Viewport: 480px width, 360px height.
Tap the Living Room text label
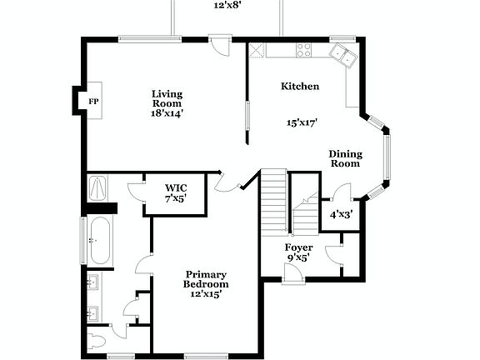167,98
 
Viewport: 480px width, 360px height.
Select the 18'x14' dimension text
167,113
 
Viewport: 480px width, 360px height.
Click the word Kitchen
300,86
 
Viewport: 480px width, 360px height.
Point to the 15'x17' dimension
302,122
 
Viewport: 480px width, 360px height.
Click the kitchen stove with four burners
302,51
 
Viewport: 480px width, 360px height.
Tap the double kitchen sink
342,55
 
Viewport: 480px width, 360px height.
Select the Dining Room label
344,158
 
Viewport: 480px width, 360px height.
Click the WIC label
175,187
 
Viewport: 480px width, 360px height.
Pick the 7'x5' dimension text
175,198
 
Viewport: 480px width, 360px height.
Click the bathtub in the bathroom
101,239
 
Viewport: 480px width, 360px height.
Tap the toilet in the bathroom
98,341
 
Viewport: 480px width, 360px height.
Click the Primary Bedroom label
206,279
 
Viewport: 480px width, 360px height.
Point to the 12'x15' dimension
206,293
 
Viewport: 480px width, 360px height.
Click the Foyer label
299,247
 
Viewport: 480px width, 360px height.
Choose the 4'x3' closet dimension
341,214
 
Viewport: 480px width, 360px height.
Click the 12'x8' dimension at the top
226,5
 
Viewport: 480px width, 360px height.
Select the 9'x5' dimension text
299,258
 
